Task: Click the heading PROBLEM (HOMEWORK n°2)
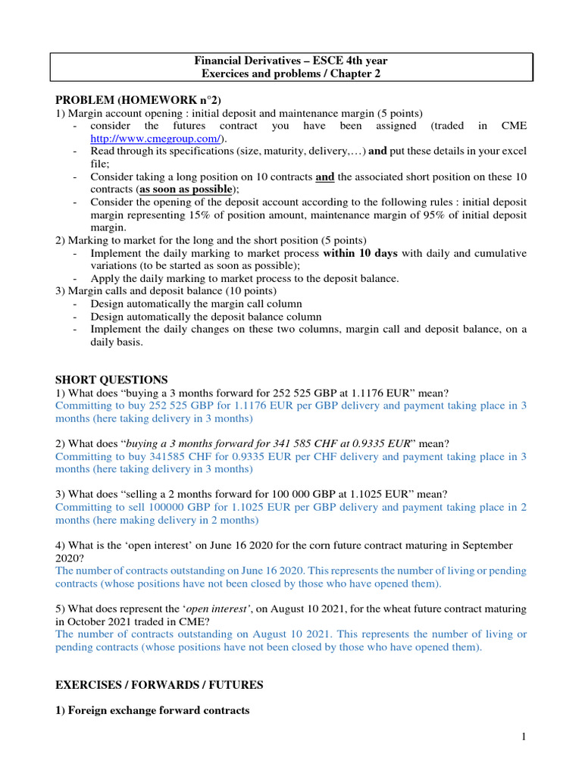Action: click(x=139, y=100)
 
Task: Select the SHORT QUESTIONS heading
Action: click(x=111, y=380)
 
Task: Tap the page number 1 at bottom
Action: click(x=524, y=737)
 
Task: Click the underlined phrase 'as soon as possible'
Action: click(x=186, y=189)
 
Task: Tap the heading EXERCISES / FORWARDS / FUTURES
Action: click(x=159, y=684)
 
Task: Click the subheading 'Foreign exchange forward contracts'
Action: click(x=159, y=711)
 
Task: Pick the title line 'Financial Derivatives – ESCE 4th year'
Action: click(x=291, y=61)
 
